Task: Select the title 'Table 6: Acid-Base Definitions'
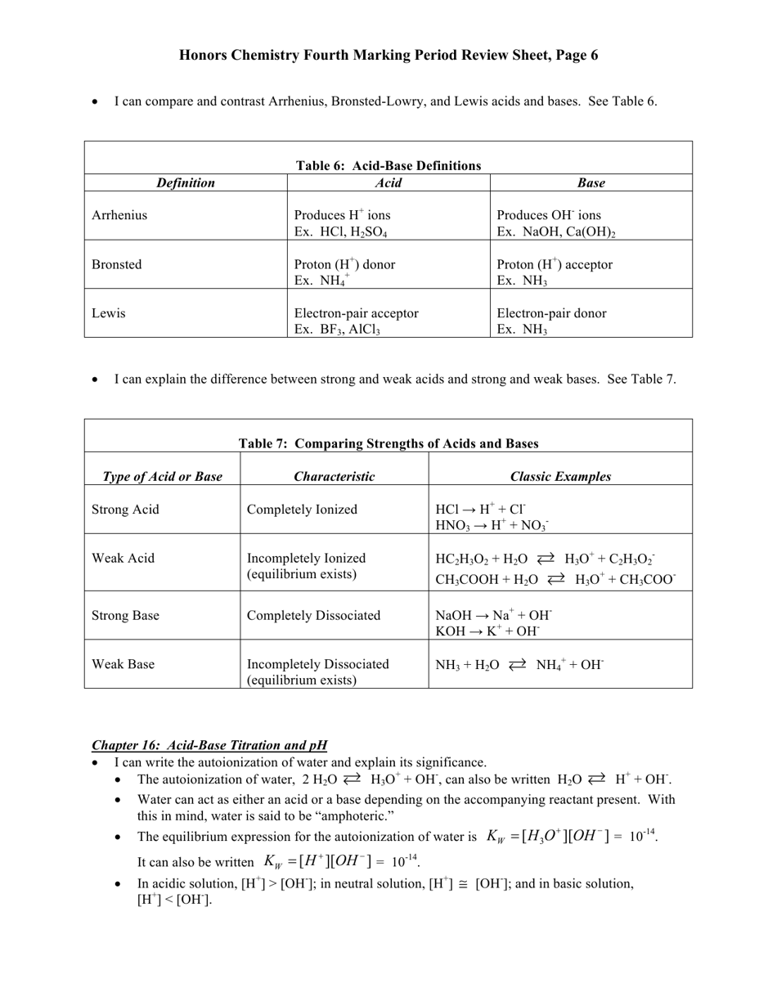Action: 388,165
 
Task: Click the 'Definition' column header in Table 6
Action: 186,183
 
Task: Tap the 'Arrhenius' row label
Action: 119,215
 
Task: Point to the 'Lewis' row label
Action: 108,313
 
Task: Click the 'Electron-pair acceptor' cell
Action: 356,313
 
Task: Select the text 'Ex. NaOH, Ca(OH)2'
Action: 556,232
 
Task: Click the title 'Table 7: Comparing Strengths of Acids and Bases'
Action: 388,443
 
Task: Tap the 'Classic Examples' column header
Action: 560,477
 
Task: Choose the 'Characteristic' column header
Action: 334,477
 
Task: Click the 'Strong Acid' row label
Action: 125,510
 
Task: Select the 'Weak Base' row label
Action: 123,664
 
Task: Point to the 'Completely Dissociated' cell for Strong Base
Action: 313,615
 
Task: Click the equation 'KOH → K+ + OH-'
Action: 487,631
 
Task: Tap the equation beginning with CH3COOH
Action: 555,579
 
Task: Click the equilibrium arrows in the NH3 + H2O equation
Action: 518,665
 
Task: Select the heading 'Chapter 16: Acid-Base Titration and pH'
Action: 209,745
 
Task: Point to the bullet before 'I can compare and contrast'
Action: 96,102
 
